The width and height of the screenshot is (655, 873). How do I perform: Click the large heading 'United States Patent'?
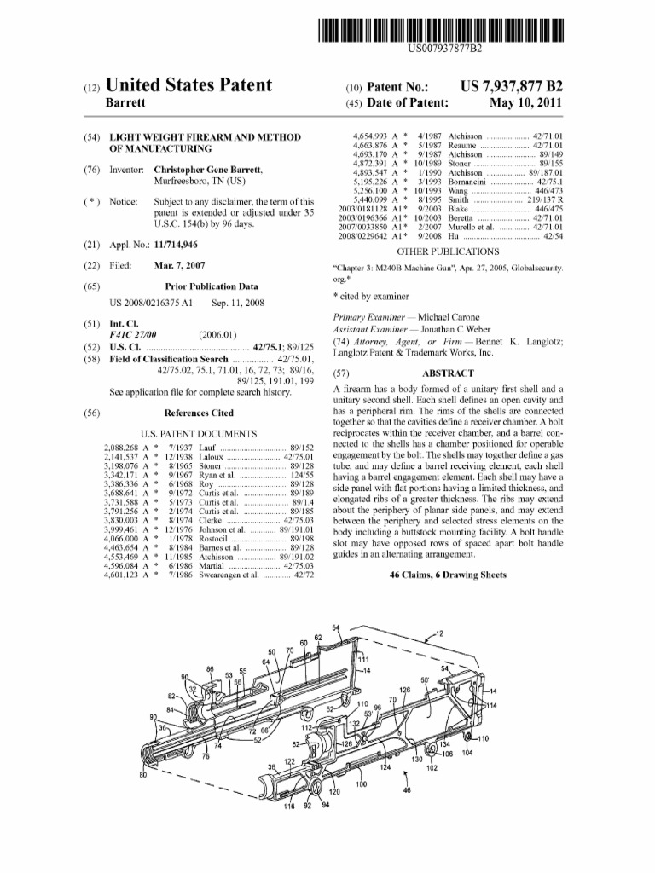188,85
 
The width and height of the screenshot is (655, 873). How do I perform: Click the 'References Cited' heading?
199,413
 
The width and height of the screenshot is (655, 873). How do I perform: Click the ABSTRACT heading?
448,373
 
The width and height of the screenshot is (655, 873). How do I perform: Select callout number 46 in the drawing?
406,790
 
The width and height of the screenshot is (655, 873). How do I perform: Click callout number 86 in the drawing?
210,669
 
